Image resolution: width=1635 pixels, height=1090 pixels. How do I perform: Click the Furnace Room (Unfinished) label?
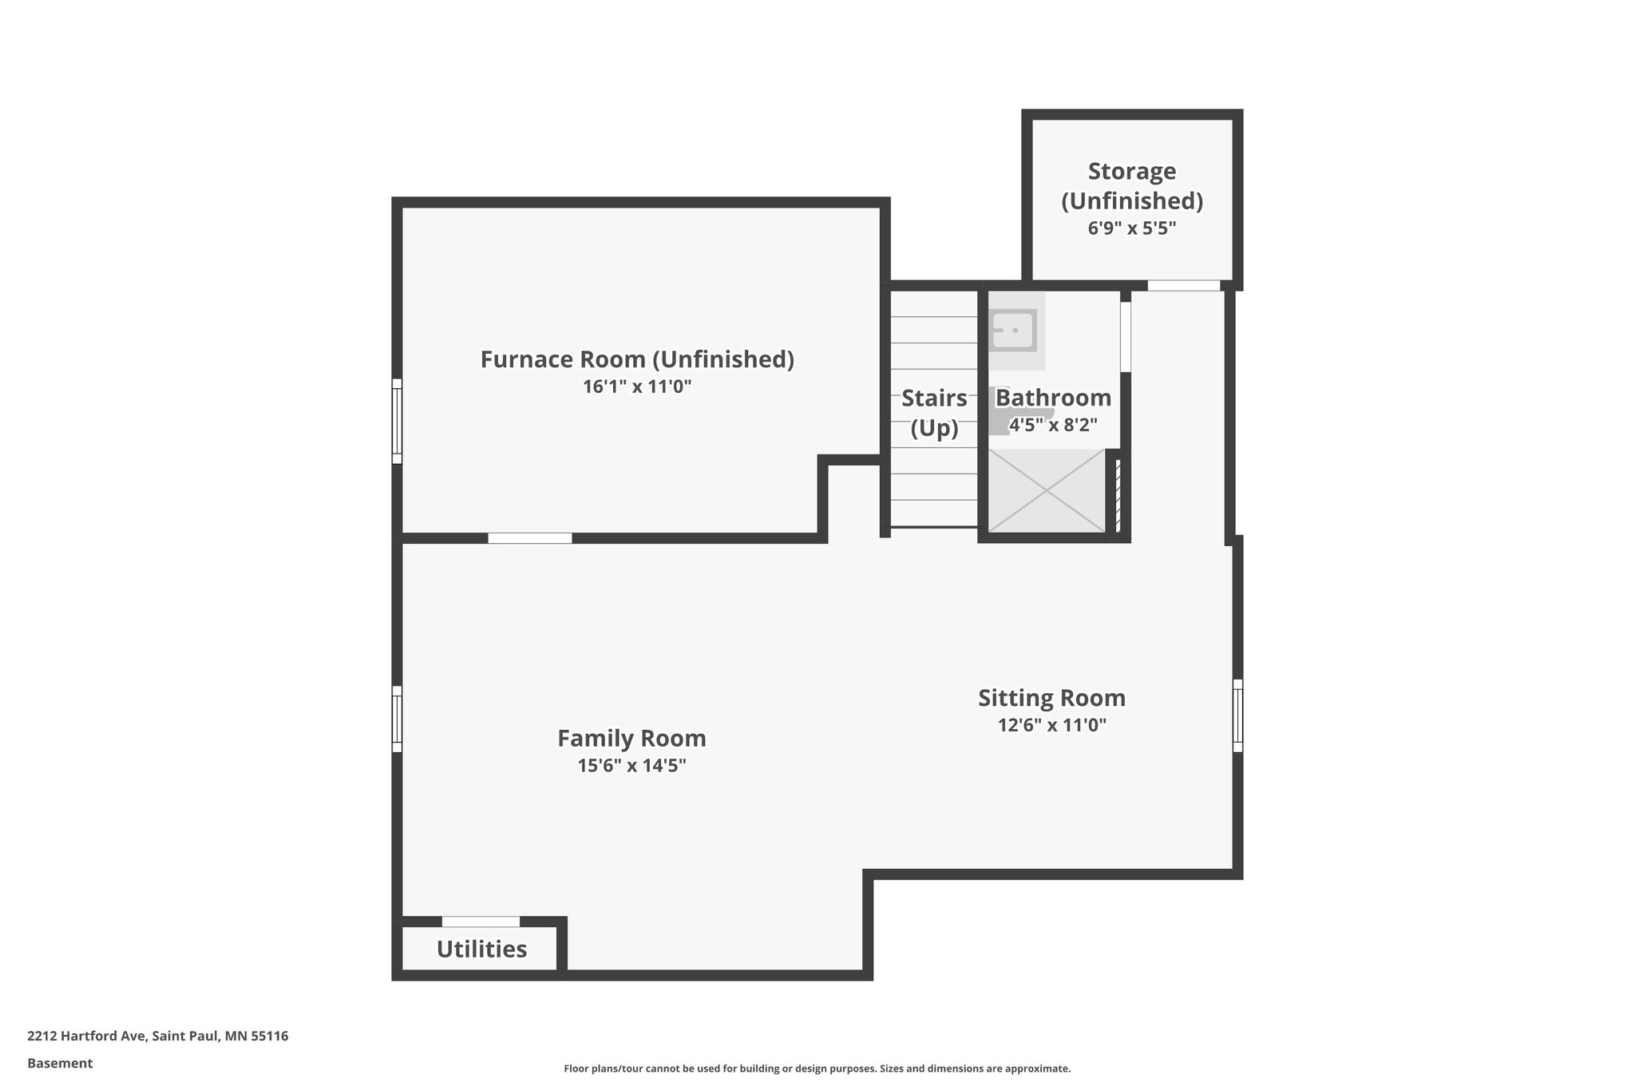tap(637, 359)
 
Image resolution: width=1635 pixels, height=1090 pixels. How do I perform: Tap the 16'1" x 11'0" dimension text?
tap(637, 387)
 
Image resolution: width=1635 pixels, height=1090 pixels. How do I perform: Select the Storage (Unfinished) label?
tap(1131, 185)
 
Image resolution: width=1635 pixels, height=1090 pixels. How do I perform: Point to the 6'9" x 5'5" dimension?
tap(1131, 228)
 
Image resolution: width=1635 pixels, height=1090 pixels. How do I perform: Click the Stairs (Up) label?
tap(934, 413)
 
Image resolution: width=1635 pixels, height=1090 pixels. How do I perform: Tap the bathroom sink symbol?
tap(1012, 330)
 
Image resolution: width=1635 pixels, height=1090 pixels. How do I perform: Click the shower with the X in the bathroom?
tap(1047, 490)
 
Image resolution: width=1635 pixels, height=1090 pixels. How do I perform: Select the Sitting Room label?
tap(1051, 698)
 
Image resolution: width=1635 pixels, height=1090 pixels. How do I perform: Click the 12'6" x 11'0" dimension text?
tap(1051, 725)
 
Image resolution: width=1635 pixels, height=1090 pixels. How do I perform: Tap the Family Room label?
tap(631, 738)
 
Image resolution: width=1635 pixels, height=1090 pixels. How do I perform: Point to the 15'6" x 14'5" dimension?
tap(631, 766)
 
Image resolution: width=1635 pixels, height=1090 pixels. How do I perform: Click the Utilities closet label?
tap(481, 949)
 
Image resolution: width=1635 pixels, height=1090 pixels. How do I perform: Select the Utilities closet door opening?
tap(481, 922)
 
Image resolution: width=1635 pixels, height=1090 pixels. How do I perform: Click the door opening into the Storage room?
tap(1184, 285)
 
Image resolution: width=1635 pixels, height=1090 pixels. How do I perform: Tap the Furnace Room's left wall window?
tap(397, 421)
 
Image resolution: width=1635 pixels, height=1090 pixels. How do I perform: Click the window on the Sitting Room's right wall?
tap(1237, 715)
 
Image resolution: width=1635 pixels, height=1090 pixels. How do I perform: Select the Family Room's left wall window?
tap(397, 719)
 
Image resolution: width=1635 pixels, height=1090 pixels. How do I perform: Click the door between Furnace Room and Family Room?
tap(529, 538)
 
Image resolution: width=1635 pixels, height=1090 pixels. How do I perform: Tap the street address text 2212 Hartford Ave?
tap(87, 1036)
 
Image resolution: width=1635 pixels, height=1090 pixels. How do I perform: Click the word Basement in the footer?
tap(60, 1063)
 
